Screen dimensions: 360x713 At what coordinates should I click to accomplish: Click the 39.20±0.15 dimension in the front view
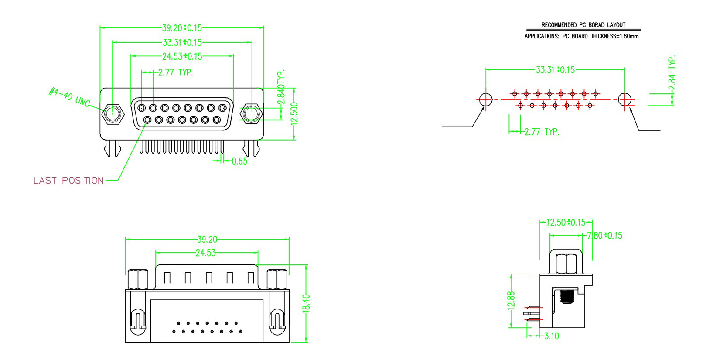pyautogui.click(x=182, y=28)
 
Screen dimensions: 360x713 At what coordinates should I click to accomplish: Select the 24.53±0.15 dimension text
pyautogui.click(x=182, y=56)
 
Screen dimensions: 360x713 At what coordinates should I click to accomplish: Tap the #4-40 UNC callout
pyautogui.click(x=69, y=96)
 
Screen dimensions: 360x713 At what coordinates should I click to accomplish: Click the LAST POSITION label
pyautogui.click(x=68, y=181)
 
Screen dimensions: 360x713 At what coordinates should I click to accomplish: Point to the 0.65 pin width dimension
pyautogui.click(x=239, y=161)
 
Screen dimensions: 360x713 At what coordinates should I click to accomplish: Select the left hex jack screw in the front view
pyautogui.click(x=113, y=114)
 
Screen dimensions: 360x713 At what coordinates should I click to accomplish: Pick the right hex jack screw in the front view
pyautogui.click(x=251, y=114)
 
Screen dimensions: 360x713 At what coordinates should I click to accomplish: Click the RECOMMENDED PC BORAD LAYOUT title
pyautogui.click(x=583, y=25)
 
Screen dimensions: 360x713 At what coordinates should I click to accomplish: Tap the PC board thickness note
pyautogui.click(x=581, y=36)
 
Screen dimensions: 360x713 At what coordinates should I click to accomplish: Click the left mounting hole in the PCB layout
pyautogui.click(x=486, y=99)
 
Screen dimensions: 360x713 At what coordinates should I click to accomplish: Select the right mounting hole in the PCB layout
pyautogui.click(x=625, y=99)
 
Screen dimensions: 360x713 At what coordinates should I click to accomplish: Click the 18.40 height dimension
pyautogui.click(x=306, y=303)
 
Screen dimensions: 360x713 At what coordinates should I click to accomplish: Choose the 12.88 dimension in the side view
pyautogui.click(x=512, y=301)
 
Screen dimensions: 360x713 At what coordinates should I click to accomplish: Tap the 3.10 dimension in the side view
pyautogui.click(x=552, y=336)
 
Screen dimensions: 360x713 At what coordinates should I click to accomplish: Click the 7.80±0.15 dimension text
pyautogui.click(x=605, y=236)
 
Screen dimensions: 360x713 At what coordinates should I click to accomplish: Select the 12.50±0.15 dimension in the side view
pyautogui.click(x=566, y=223)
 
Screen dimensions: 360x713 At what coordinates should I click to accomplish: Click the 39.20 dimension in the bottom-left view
pyautogui.click(x=207, y=239)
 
